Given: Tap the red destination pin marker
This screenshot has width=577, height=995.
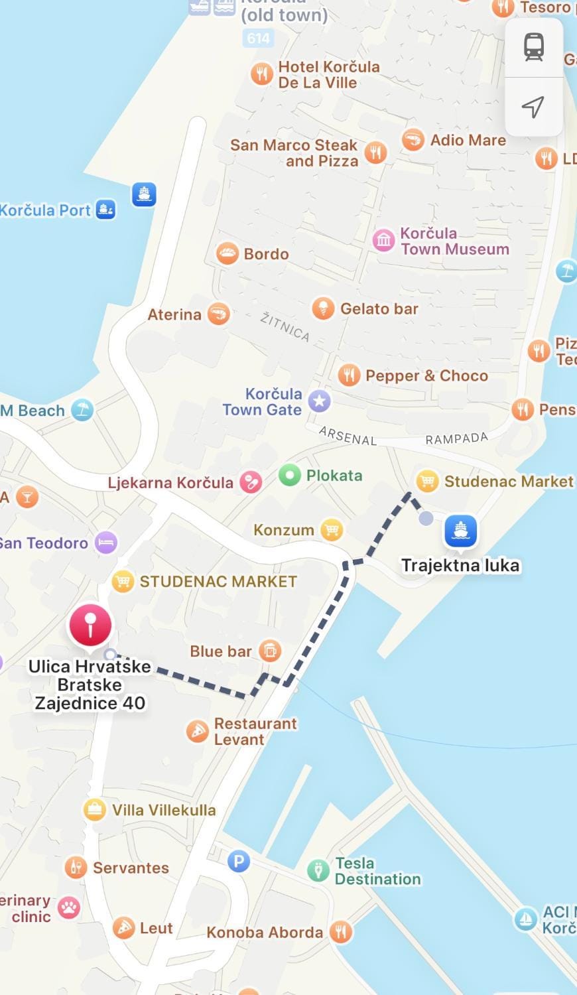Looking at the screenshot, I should (90, 624).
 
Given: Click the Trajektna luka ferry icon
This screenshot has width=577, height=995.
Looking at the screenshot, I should (461, 530).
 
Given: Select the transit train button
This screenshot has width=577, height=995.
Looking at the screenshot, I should (534, 47).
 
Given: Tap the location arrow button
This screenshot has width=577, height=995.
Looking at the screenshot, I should (533, 107).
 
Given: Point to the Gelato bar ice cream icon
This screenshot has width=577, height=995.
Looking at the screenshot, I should (323, 308).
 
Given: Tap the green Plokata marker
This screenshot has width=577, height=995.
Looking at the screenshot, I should (289, 476).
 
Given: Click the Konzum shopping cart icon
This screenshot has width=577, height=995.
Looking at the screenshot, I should (331, 529).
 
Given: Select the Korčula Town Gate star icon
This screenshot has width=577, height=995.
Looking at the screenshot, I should (320, 401).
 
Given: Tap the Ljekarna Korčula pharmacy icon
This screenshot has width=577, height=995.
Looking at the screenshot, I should (251, 482).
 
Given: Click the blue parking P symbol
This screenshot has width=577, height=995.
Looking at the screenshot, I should (239, 862).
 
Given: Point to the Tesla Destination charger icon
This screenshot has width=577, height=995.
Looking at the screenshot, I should (318, 870).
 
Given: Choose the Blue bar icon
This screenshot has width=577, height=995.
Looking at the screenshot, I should (269, 651).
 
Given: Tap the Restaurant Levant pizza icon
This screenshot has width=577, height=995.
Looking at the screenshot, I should (198, 731).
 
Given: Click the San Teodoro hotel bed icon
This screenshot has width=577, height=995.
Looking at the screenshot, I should (106, 543).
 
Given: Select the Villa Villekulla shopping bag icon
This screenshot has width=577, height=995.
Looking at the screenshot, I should (94, 809).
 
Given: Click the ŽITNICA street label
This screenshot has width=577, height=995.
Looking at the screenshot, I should (285, 326).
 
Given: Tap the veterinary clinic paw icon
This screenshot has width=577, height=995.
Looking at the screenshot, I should (68, 907).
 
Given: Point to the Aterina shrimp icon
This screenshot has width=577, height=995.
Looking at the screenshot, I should (218, 314).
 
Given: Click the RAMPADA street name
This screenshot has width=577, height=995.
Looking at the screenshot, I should (456, 438).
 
